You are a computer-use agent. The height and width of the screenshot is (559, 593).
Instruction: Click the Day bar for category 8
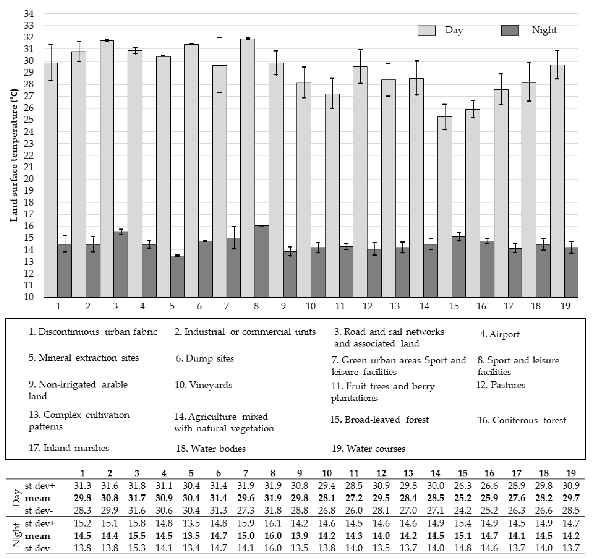coord(248,167)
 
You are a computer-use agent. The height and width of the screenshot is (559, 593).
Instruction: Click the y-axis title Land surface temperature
coord(14,155)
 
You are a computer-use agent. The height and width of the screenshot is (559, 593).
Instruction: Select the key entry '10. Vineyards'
coord(203,385)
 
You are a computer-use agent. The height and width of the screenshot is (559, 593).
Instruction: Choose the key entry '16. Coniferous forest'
coord(522,420)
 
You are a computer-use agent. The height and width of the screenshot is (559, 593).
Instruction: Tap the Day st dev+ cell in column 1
coord(82,486)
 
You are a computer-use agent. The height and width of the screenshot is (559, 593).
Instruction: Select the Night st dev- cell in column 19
coord(571,548)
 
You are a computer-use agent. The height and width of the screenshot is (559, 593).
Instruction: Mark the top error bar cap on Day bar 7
coord(219,38)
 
